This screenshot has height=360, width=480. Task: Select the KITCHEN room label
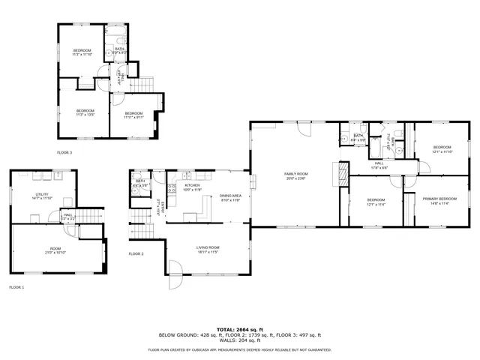click(x=193, y=185)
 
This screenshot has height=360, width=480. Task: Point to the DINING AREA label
click(x=229, y=196)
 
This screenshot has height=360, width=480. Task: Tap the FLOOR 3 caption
click(x=64, y=152)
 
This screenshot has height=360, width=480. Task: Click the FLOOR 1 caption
click(x=16, y=287)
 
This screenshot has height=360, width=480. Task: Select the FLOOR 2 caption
click(x=136, y=253)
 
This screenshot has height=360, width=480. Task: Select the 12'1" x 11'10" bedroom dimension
click(x=442, y=151)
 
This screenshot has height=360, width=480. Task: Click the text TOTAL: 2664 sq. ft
click(x=239, y=329)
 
